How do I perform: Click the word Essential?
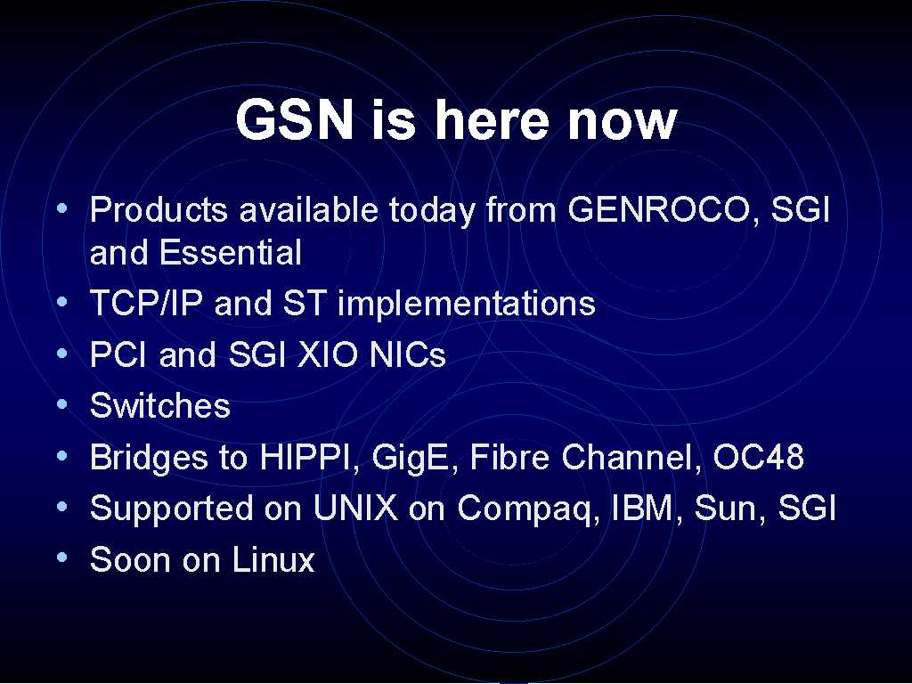(x=231, y=252)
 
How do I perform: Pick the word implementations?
(x=467, y=304)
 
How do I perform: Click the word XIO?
(x=327, y=354)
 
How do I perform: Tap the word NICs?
(x=408, y=354)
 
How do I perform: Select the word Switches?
(x=160, y=405)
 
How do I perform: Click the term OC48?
(x=759, y=457)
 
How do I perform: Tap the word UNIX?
(x=355, y=508)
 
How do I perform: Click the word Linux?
(x=273, y=559)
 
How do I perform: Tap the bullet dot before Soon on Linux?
(x=62, y=558)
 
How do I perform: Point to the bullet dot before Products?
(x=62, y=208)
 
